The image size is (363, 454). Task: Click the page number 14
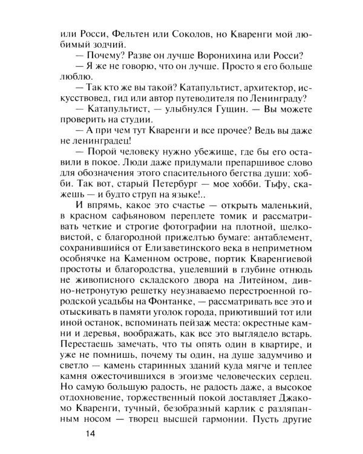pyautogui.click(x=90, y=433)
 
